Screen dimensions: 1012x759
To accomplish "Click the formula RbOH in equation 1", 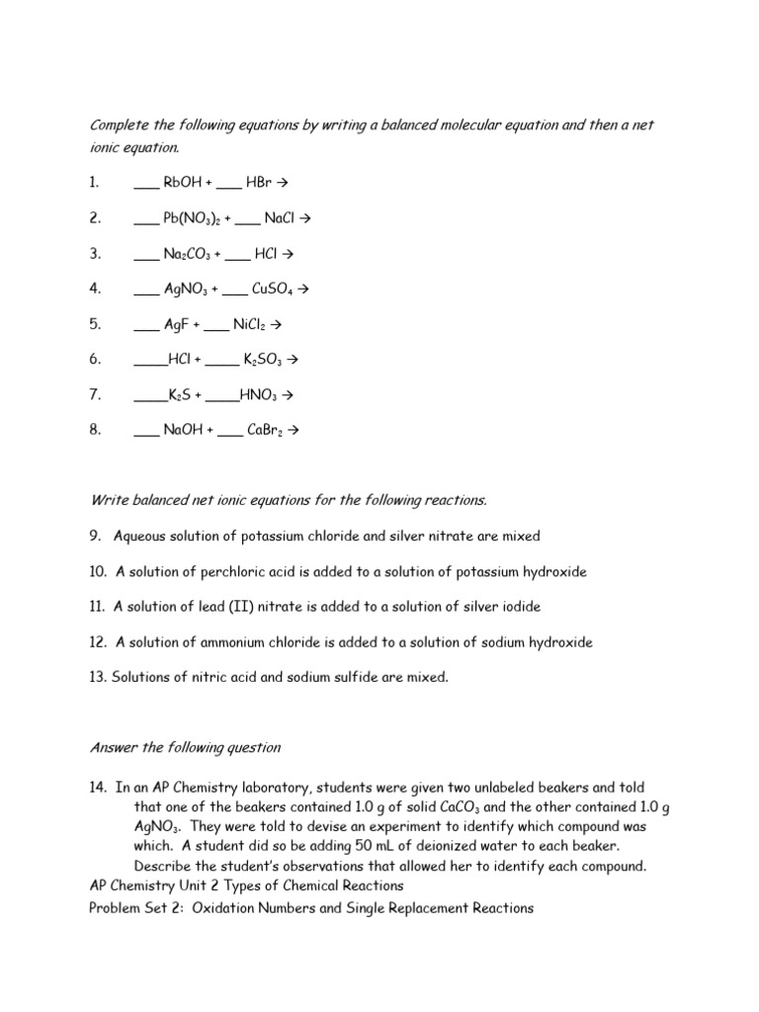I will (x=182, y=183).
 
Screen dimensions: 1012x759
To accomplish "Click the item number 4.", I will (x=94, y=290).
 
